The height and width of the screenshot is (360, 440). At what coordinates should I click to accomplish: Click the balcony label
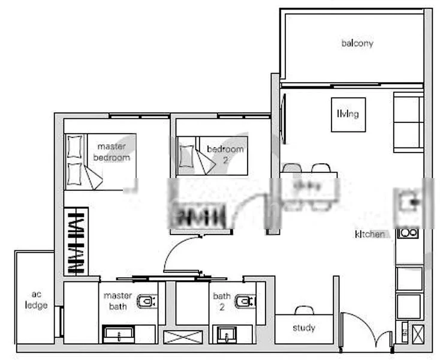pyautogui.click(x=357, y=43)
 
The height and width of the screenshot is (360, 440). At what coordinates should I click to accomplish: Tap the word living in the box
pyautogui.click(x=348, y=114)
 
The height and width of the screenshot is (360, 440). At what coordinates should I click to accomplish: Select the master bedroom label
pyautogui.click(x=111, y=152)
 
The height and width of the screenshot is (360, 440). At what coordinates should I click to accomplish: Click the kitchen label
pyautogui.click(x=370, y=234)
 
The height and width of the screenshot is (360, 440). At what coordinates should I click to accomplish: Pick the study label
pyautogui.click(x=304, y=328)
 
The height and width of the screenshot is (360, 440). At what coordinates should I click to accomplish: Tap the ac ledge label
pyautogui.click(x=36, y=300)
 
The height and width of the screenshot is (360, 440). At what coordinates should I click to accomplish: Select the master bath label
pyautogui.click(x=117, y=301)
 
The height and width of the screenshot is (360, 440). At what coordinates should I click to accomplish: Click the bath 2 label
pyautogui.click(x=222, y=301)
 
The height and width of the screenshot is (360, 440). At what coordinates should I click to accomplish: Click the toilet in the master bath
pyautogui.click(x=146, y=301)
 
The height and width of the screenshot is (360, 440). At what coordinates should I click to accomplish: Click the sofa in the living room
pyautogui.click(x=409, y=122)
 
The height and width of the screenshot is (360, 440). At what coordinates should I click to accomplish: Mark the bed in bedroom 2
pyautogui.click(x=212, y=155)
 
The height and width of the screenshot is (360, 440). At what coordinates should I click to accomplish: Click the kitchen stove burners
pyautogui.click(x=409, y=233)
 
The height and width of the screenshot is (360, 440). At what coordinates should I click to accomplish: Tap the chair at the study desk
pyautogui.click(x=304, y=310)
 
